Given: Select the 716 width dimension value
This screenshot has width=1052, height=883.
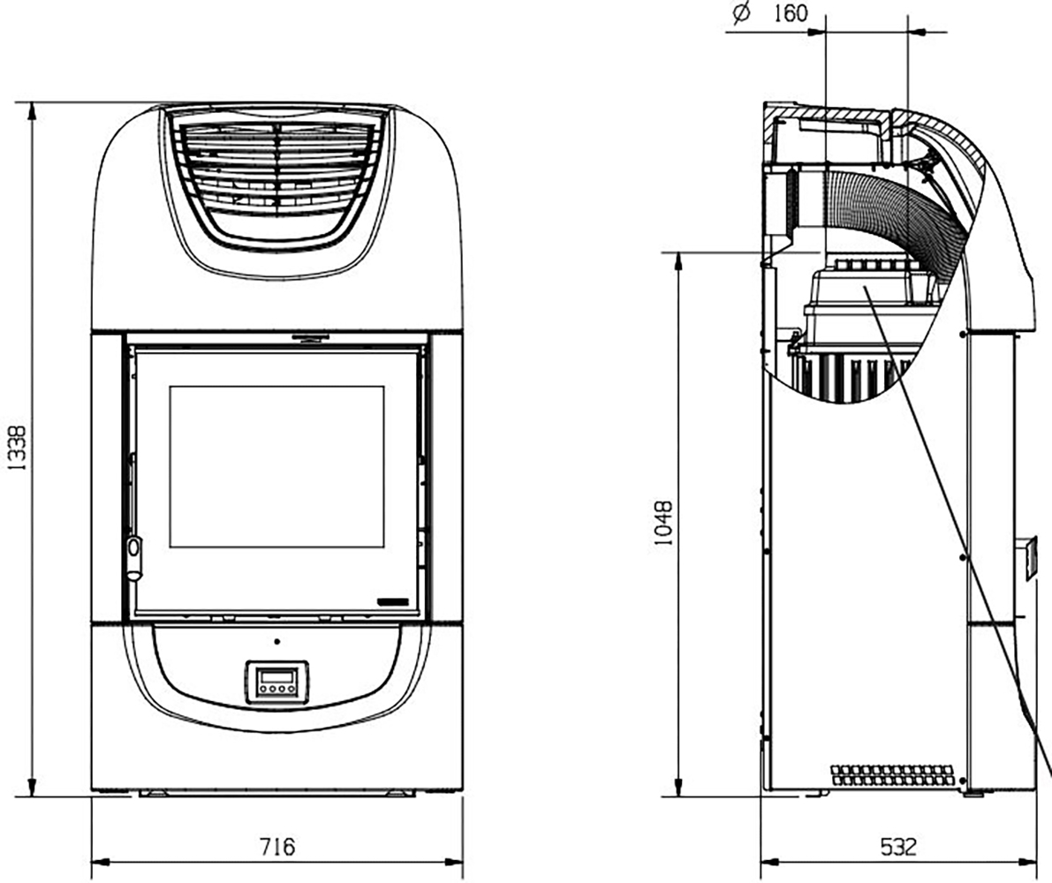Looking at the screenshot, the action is point(277,847).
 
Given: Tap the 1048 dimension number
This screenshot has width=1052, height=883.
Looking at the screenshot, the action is point(662,522).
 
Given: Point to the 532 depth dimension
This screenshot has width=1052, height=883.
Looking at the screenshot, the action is point(898,848).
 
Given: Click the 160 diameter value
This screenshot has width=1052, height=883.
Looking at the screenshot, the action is point(791,12).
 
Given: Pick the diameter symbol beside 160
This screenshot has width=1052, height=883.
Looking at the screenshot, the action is point(741,13).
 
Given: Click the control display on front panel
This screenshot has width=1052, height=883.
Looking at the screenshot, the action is point(277,682).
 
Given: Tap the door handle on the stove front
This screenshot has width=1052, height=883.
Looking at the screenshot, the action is point(134,556).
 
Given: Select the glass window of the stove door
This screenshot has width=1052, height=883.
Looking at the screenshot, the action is point(276,466).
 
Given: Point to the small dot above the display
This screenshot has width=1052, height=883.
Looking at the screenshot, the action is point(277,642).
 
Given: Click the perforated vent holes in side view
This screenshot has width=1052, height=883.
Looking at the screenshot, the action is point(891,775).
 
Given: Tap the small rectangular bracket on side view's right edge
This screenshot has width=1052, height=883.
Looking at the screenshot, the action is point(1027,559).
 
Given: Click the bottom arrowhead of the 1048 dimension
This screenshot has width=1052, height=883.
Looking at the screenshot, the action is point(678,789).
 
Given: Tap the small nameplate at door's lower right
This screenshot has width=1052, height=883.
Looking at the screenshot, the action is point(393,602).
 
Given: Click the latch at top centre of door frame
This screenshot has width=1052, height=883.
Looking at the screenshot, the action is point(310,336).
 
